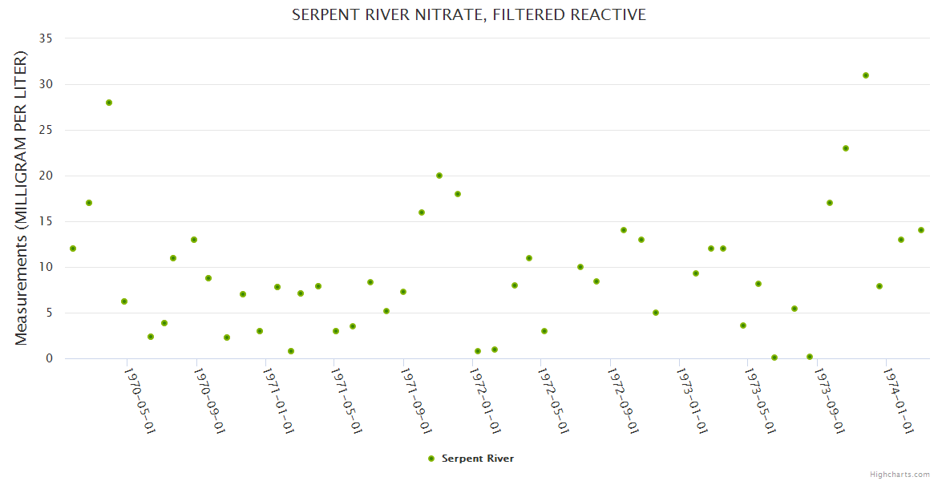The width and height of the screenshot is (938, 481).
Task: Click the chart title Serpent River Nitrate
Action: (468, 14)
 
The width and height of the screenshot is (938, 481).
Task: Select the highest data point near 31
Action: (866, 75)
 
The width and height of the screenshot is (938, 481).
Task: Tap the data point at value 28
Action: (109, 103)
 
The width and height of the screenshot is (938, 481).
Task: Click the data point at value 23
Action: (846, 148)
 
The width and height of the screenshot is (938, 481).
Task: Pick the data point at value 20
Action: (439, 176)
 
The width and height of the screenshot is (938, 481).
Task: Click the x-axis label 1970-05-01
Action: (139, 401)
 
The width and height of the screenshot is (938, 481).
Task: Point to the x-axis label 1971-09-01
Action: (415, 401)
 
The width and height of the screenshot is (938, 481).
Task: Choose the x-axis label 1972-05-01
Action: (553, 401)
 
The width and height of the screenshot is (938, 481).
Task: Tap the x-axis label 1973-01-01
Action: (691, 401)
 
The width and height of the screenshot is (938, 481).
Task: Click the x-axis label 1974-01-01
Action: (898, 401)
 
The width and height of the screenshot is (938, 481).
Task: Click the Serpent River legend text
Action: (478, 459)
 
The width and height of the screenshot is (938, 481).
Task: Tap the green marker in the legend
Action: (431, 459)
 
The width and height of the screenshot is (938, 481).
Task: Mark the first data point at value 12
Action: (73, 249)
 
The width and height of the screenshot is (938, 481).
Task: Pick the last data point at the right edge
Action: (921, 230)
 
